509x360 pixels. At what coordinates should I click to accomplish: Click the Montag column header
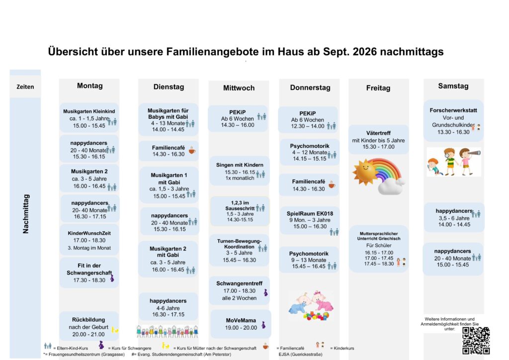[x=89, y=86]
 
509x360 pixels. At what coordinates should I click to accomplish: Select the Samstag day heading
[x=453, y=86]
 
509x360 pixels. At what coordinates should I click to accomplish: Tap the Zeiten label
[x=25, y=87]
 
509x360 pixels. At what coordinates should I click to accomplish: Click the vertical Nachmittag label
[x=26, y=214]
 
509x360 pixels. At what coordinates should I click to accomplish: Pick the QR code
[x=476, y=340]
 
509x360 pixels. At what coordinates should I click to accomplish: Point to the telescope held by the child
[x=474, y=152]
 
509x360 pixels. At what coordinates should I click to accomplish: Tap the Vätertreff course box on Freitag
[x=378, y=140]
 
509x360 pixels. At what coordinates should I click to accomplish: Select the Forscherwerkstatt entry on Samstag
[x=453, y=121]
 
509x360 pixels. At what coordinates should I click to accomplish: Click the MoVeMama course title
[x=241, y=320]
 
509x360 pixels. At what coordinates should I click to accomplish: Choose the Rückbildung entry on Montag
[x=88, y=327]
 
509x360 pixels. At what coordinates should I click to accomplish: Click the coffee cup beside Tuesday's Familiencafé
[x=192, y=150]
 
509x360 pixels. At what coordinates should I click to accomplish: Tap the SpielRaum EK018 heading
[x=310, y=214]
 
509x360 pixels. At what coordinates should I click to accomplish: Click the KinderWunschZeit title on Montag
[x=89, y=233]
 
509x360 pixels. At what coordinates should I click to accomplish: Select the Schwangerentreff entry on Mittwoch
[x=239, y=290]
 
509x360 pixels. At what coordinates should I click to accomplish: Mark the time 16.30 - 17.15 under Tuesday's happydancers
[x=168, y=314]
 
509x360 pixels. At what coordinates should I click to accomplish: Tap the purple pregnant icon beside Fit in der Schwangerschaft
[x=112, y=278]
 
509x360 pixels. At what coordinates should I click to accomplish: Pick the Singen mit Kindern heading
[x=240, y=165]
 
